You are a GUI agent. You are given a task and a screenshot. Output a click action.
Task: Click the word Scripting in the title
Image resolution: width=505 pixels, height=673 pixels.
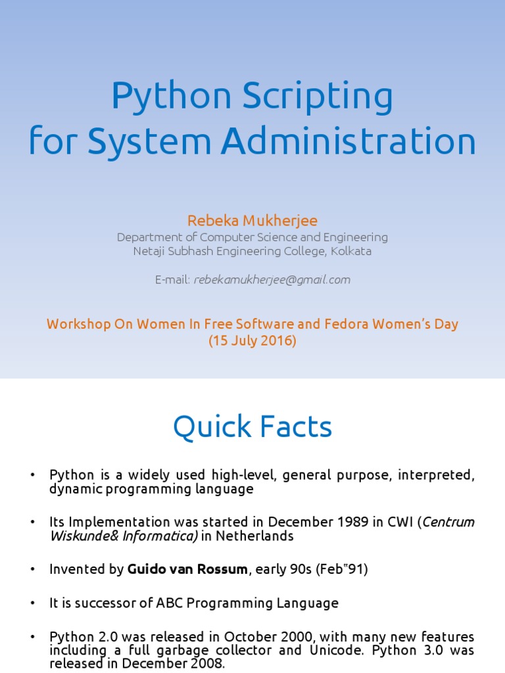click(318, 97)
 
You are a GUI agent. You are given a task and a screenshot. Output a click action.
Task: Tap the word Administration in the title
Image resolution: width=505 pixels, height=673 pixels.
click(349, 141)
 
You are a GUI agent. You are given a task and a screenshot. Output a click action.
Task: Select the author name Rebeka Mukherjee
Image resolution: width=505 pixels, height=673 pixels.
click(252, 221)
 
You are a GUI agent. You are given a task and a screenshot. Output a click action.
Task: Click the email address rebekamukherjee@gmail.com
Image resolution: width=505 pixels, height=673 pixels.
click(272, 279)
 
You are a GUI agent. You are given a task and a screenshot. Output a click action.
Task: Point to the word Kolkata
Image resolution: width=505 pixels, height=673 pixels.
click(351, 251)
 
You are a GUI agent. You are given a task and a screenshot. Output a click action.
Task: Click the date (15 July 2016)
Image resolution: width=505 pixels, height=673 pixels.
click(252, 341)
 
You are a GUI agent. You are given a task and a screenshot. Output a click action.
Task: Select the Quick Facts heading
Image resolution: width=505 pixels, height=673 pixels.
click(252, 428)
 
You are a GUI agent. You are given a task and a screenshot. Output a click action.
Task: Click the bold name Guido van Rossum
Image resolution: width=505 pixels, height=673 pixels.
click(187, 569)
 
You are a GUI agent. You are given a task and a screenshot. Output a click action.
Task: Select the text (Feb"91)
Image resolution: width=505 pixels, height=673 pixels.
click(342, 569)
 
